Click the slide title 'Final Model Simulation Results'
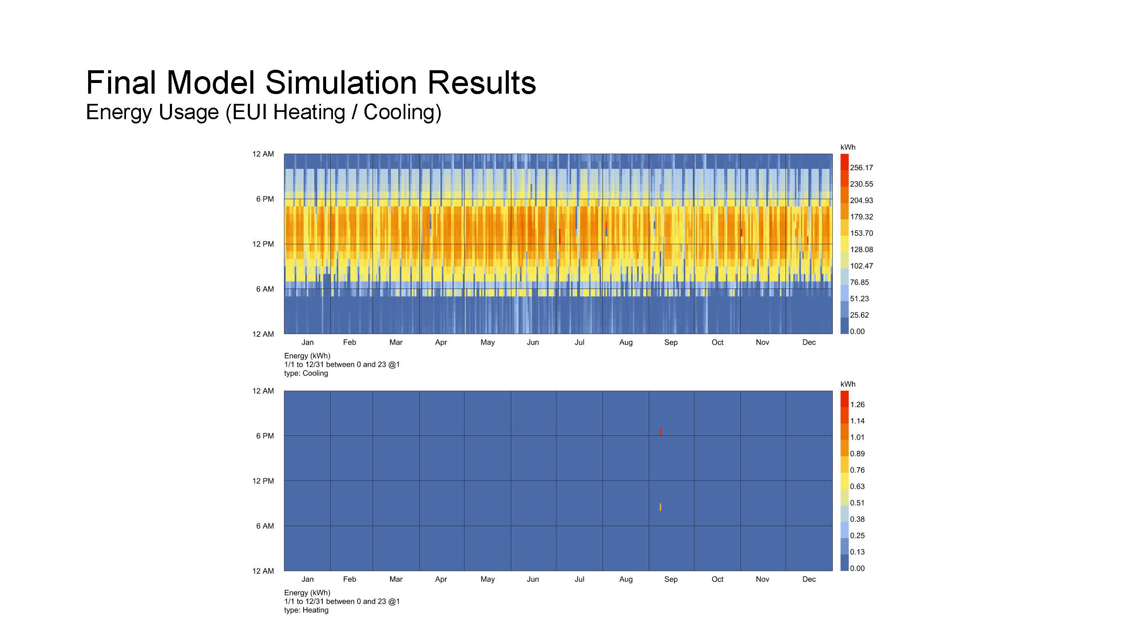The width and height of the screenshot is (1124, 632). [311, 82]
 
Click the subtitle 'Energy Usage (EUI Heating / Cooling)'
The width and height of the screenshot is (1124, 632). [264, 112]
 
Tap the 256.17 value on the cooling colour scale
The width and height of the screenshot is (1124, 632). [861, 168]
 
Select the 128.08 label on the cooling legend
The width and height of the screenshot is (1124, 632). [861, 249]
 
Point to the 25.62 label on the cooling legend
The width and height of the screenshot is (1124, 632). [859, 315]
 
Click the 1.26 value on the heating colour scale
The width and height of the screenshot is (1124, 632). [857, 405]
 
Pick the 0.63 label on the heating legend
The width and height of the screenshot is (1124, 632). [857, 486]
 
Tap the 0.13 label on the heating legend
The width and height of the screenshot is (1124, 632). [857, 552]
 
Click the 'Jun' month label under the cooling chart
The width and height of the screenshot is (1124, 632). [532, 343]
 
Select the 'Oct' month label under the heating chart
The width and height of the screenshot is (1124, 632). [717, 579]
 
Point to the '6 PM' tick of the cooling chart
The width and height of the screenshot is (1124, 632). [265, 199]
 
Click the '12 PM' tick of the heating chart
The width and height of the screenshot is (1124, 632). [263, 481]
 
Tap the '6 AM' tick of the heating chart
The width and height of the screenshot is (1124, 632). [265, 526]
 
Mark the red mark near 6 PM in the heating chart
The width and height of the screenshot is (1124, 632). [660, 432]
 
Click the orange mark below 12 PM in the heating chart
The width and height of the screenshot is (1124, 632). [660, 507]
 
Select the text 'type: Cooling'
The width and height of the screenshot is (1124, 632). [306, 373]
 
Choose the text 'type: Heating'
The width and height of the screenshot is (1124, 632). [306, 610]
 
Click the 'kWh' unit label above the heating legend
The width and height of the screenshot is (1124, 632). [847, 384]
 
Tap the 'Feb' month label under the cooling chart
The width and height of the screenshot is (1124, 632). [349, 343]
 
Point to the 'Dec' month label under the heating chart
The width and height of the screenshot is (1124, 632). [809, 579]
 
